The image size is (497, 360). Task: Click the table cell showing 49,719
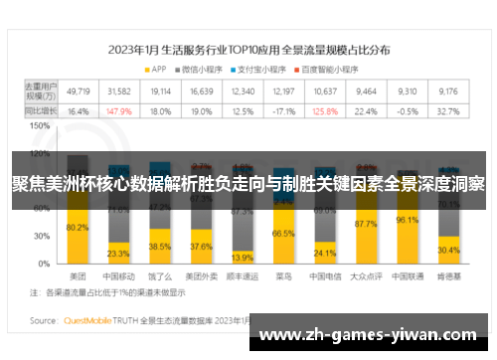click(77, 91)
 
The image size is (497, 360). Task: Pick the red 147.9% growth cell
click(118, 111)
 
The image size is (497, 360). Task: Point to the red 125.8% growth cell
click(323, 111)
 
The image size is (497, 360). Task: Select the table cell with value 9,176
click(447, 91)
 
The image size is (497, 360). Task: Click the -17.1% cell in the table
click(283, 111)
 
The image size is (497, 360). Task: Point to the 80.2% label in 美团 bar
click(77, 228)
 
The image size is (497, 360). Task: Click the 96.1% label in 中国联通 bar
click(407, 221)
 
